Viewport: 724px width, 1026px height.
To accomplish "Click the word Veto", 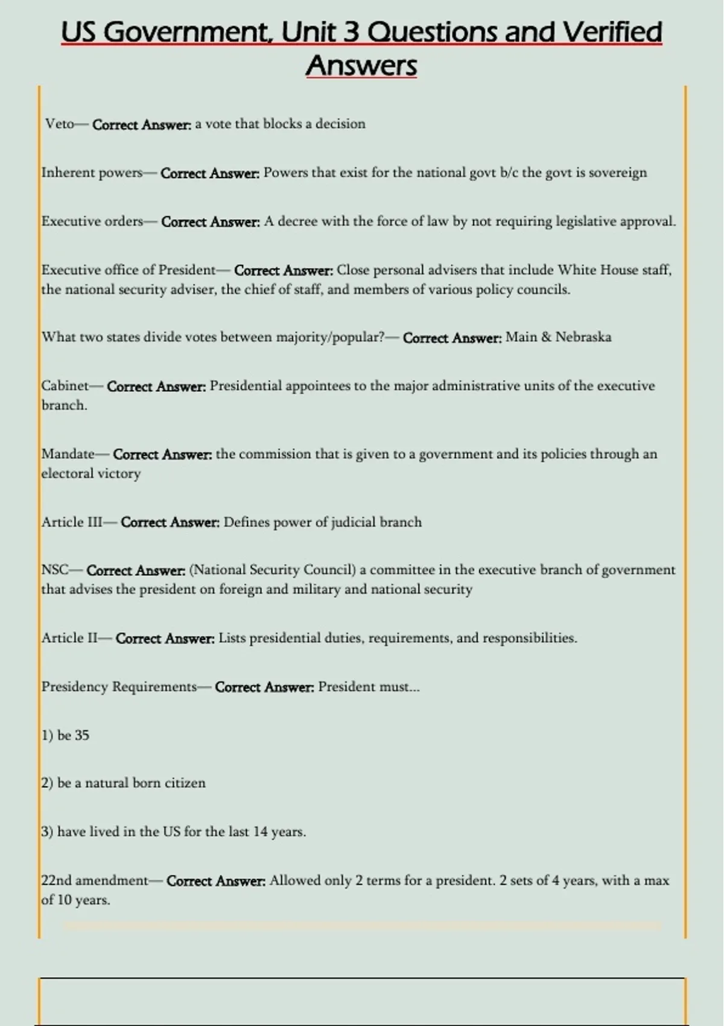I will click(59, 124).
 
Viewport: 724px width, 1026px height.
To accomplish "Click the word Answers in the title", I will click(361, 66).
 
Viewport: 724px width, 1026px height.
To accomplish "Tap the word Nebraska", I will click(583, 337).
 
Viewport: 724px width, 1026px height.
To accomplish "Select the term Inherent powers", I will click(92, 173).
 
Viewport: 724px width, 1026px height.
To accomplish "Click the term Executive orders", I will click(92, 221).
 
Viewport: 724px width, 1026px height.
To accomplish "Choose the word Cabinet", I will click(65, 386).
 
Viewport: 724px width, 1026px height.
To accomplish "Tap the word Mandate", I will click(68, 454).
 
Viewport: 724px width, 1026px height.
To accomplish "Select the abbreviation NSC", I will click(54, 570).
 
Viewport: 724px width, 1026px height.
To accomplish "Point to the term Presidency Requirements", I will click(119, 687).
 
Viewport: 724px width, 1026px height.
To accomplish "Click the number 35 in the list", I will click(81, 735).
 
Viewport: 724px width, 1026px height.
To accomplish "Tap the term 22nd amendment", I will click(94, 881).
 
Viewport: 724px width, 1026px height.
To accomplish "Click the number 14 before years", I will click(260, 832).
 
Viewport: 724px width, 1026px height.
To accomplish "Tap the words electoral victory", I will click(91, 473).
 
